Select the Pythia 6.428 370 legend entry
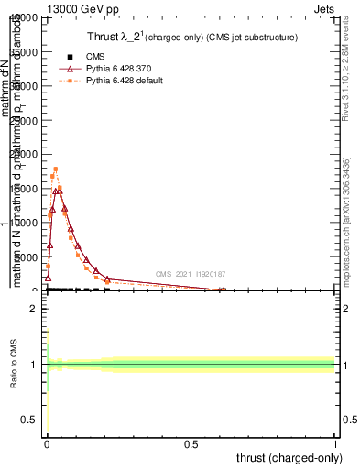coord(115,69)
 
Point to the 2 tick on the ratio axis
coord(33,310)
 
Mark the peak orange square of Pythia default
coord(55,169)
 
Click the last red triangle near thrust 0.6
coord(223,290)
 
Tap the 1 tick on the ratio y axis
coord(33,365)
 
